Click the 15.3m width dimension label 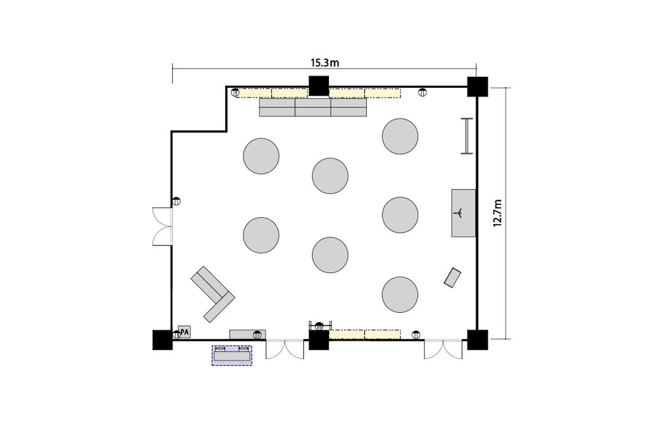(325, 63)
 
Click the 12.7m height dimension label (498, 213)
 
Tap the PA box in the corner (185, 332)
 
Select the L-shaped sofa (212, 294)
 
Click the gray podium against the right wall (464, 213)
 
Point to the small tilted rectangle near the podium (453, 277)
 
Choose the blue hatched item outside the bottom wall (232, 355)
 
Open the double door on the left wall (163, 226)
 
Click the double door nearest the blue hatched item (285, 349)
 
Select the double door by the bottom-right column (444, 349)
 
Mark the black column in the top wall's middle (319, 86)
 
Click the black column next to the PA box (163, 339)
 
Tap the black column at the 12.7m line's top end (477, 87)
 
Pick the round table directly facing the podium (400, 215)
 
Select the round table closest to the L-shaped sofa (261, 235)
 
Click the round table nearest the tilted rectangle (400, 295)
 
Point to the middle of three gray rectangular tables (313, 107)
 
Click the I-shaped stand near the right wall (466, 136)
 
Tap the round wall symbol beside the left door (177, 201)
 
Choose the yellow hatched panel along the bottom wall (364, 334)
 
